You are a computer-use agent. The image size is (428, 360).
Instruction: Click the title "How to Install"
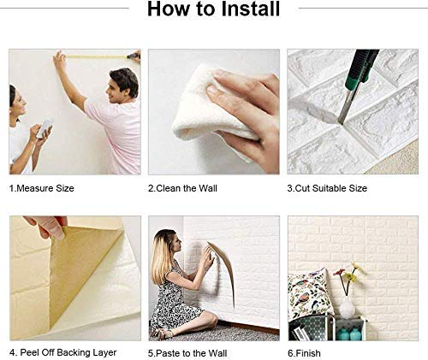coord(213,11)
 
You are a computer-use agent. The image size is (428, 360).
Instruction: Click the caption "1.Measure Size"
coord(40,187)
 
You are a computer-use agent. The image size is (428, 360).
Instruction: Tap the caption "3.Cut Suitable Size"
coord(327,187)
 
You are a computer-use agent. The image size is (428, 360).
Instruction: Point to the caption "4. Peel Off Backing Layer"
coord(62,352)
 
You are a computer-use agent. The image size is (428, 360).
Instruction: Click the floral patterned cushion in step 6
coord(307,295)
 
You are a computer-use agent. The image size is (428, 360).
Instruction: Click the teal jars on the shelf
coord(349,333)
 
